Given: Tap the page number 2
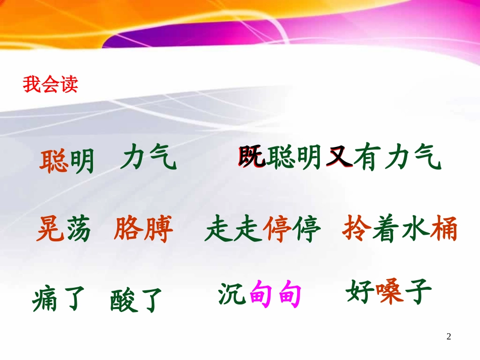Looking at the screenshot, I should click(x=449, y=336).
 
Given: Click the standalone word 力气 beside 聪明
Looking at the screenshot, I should click(x=149, y=160).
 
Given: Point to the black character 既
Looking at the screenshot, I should click(x=251, y=159).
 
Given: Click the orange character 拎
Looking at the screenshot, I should click(x=354, y=230).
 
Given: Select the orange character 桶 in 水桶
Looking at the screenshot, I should click(x=444, y=230).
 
